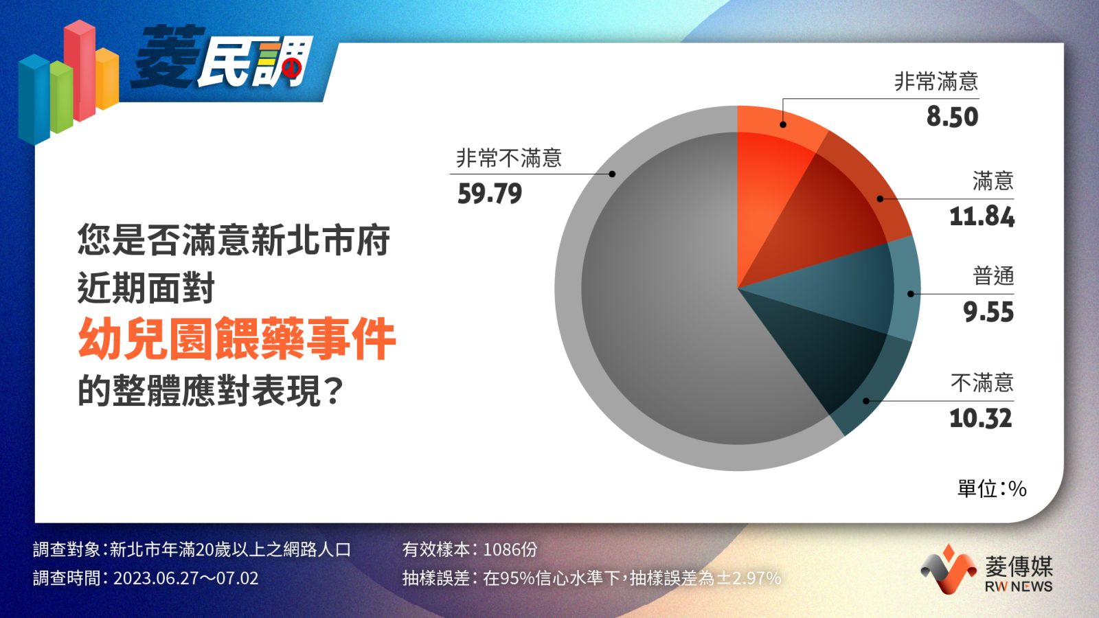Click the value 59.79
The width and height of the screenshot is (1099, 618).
tap(490, 194)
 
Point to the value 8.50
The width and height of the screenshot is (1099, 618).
tap(952, 117)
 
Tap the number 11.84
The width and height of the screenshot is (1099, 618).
tap(982, 217)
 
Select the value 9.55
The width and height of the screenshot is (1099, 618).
tap(988, 312)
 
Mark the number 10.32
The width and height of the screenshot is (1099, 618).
tap(981, 418)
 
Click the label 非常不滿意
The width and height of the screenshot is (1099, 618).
tap(509, 158)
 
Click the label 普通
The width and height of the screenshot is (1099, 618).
tap(993, 276)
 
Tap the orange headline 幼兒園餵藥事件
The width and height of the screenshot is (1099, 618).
tap(237, 338)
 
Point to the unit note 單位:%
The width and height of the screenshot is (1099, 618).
tap(992, 488)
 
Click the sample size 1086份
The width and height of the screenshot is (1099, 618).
tap(510, 549)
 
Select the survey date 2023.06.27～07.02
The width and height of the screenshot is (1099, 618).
tap(186, 578)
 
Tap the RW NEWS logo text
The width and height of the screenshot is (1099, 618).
tap(1019, 586)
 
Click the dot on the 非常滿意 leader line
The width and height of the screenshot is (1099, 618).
tap(783, 124)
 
